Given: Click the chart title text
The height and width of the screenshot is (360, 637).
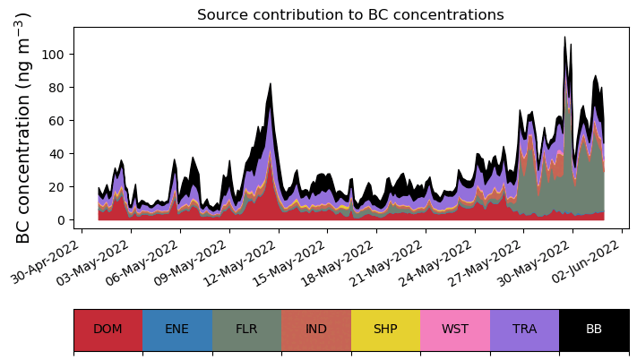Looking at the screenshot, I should [350, 14].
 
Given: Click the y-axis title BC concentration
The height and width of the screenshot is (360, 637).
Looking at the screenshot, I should [24, 128].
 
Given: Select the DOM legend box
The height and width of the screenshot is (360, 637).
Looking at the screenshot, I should [108, 330].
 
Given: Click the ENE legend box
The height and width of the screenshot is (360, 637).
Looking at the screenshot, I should [177, 330].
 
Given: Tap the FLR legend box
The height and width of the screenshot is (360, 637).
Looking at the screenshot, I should [246, 330].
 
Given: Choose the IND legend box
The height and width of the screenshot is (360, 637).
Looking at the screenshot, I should [316, 330].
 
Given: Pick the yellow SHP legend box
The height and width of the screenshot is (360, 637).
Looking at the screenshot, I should [385, 330].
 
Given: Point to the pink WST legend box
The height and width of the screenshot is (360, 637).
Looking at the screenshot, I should [455, 330].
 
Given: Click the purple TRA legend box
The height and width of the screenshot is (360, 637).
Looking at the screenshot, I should [524, 330].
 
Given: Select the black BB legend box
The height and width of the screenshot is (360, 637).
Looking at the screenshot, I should [594, 330].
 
